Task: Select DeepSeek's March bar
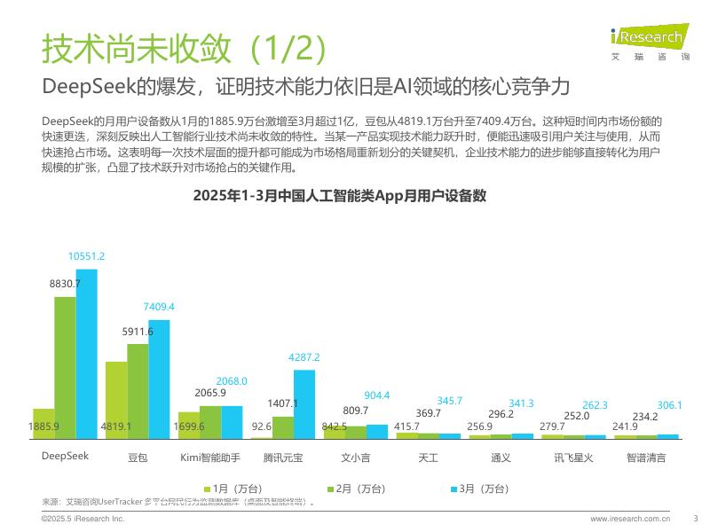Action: pos(86,354)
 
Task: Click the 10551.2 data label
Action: pos(86,256)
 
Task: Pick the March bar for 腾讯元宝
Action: pos(304,403)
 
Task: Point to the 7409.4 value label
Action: pos(159,307)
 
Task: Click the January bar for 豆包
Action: pos(116,399)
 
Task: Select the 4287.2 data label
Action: pos(304,356)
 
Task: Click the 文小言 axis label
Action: pos(356,458)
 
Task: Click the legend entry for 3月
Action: pos(480,488)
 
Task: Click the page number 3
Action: pos(695,518)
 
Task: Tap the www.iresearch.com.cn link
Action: pos(630,518)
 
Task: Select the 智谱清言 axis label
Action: pos(646,458)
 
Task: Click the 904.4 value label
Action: pos(377,395)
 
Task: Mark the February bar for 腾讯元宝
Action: pos(283,427)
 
